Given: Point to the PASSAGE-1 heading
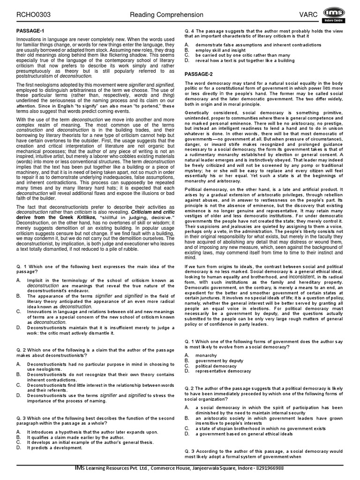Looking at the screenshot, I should point(30,31).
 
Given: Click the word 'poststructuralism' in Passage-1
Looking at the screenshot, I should point(36,75).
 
